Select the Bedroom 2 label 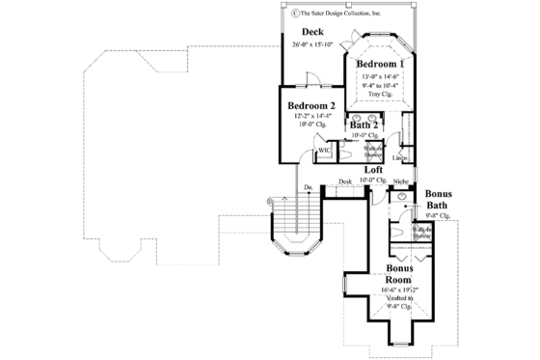click(311, 106)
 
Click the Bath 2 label click(364, 125)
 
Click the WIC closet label click(326, 151)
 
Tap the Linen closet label click(398, 155)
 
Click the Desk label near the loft click(345, 181)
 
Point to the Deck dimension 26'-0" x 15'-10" click(310, 45)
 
